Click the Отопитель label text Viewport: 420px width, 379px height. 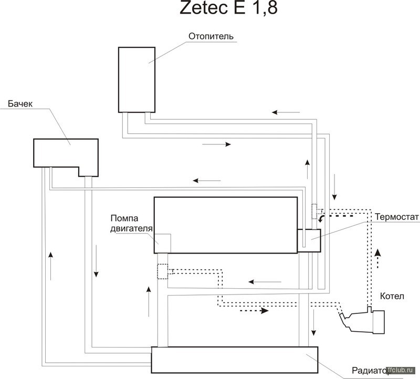tap(210, 36)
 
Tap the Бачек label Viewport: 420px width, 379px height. tap(20, 104)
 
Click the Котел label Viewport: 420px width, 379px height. tap(394, 297)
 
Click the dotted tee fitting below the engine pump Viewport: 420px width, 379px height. tap(162, 271)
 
